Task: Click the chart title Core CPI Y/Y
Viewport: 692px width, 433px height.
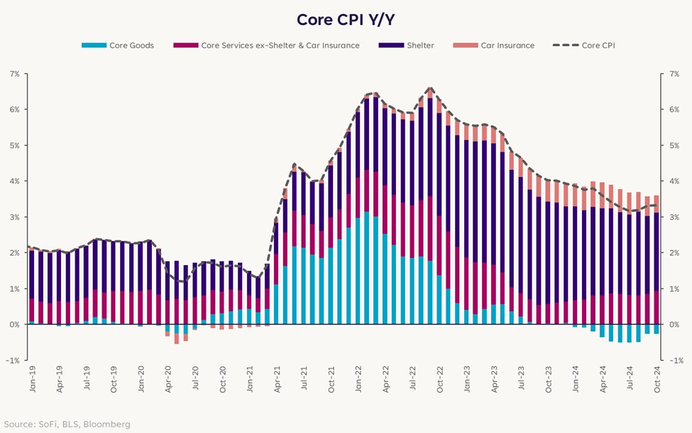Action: pos(346,18)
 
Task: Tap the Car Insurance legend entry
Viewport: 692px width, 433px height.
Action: pos(507,45)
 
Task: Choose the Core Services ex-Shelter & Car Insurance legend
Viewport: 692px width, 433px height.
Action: pos(280,45)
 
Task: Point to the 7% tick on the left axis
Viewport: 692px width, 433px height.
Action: pos(14,74)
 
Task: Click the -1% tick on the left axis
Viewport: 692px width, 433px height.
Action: pos(13,360)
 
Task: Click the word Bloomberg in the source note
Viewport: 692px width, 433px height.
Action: pos(107,424)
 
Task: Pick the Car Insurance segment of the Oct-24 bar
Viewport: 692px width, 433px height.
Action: pos(657,204)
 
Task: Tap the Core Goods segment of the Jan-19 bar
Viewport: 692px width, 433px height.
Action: pos(32,323)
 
